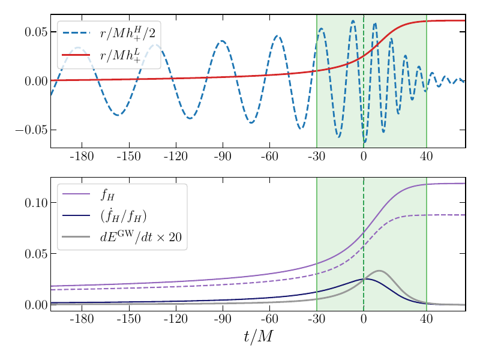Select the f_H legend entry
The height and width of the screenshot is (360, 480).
coord(107,194)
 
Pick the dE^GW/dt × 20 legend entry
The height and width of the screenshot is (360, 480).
coord(140,236)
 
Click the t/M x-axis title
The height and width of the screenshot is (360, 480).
coord(258,338)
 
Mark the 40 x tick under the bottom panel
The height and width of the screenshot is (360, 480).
coord(427,319)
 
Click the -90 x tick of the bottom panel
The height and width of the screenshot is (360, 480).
coord(223,319)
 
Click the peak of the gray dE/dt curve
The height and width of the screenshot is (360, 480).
coord(379,271)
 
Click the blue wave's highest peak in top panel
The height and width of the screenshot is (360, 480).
coord(353,21)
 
